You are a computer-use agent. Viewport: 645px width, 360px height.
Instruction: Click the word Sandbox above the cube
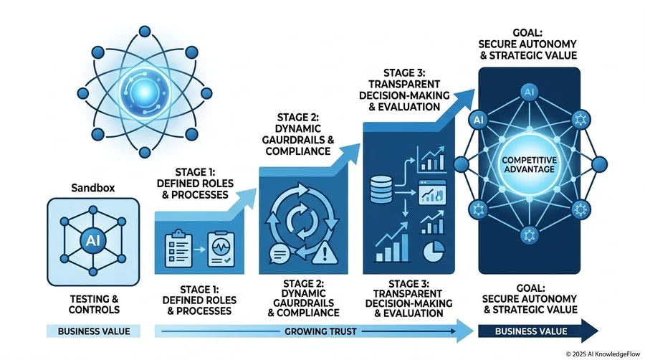click(93, 188)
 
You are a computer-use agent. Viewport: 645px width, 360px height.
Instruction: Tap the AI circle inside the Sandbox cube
click(93, 240)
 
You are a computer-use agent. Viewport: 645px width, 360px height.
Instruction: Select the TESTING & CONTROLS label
click(94, 304)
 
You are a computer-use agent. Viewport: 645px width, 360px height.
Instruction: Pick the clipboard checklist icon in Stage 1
click(178, 249)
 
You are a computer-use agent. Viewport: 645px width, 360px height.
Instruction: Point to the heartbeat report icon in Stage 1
click(221, 249)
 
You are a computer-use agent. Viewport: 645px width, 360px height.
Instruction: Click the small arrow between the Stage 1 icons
click(199, 250)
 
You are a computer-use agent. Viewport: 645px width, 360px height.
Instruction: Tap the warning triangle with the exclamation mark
click(325, 252)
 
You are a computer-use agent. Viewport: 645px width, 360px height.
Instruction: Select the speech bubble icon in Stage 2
click(279, 255)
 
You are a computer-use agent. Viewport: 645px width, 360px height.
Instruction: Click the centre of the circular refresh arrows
click(302, 222)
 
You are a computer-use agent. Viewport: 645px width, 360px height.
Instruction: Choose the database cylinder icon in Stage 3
click(381, 189)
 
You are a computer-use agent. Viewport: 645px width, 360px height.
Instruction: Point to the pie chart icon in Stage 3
click(434, 251)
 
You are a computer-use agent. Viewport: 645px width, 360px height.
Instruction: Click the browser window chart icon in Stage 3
click(432, 192)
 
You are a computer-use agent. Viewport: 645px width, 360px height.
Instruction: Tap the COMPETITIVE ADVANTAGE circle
click(529, 164)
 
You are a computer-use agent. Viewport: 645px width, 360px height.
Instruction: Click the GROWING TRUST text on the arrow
click(320, 331)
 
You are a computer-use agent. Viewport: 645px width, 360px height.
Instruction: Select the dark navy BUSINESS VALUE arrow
click(538, 331)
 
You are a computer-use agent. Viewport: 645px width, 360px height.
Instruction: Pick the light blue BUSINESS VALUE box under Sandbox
click(93, 331)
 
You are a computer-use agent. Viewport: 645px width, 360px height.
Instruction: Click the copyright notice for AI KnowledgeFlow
click(603, 354)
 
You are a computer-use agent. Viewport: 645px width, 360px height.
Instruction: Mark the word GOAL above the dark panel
click(527, 33)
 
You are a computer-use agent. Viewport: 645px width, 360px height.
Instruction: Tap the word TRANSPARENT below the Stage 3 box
click(408, 294)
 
